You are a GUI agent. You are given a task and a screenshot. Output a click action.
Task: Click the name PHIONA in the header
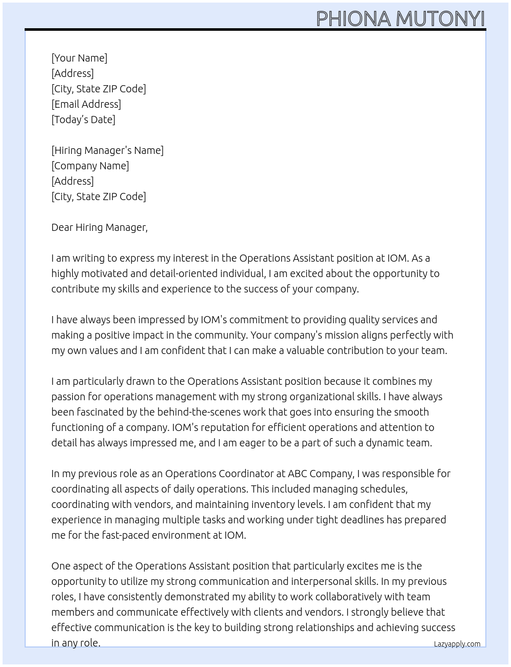coord(353,19)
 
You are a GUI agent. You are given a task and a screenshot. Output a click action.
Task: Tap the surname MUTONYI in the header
coord(440,19)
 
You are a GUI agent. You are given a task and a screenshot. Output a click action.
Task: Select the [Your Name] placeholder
coord(80,58)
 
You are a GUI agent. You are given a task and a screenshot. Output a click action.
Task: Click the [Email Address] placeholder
coord(86,104)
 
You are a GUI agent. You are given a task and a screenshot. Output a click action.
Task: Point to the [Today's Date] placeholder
coord(83,120)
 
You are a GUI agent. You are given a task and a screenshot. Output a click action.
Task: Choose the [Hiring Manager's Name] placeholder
coord(107,150)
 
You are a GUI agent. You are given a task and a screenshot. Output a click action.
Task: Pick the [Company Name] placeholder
coord(90,166)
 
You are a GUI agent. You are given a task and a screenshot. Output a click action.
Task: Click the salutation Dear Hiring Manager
coord(99,227)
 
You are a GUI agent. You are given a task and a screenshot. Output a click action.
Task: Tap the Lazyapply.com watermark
coord(457,644)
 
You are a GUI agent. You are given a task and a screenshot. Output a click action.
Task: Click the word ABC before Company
coord(298,474)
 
